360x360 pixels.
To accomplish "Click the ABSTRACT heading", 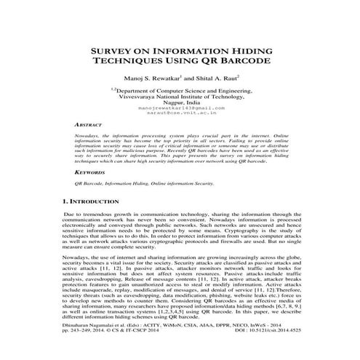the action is click(91, 125).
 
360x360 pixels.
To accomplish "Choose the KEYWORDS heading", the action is click(92, 172).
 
